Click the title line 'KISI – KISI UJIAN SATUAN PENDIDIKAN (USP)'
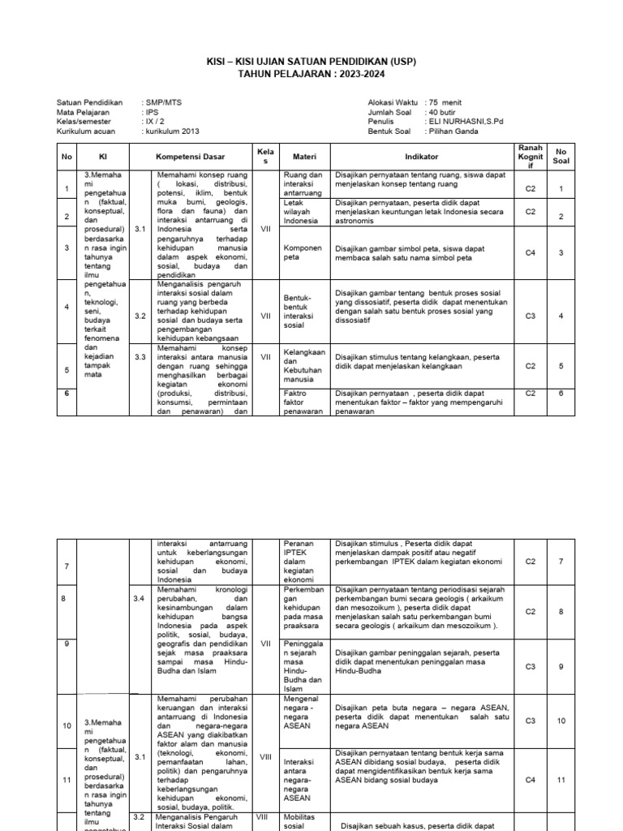pyautogui.click(x=312, y=62)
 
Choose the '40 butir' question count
pyautogui.click(x=445, y=112)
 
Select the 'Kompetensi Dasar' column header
pyautogui.click(x=191, y=156)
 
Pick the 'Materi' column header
pyautogui.click(x=303, y=156)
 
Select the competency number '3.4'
pyautogui.click(x=140, y=598)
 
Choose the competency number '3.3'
pyautogui.click(x=140, y=356)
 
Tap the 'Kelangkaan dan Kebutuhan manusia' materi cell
pyautogui.click(x=303, y=365)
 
